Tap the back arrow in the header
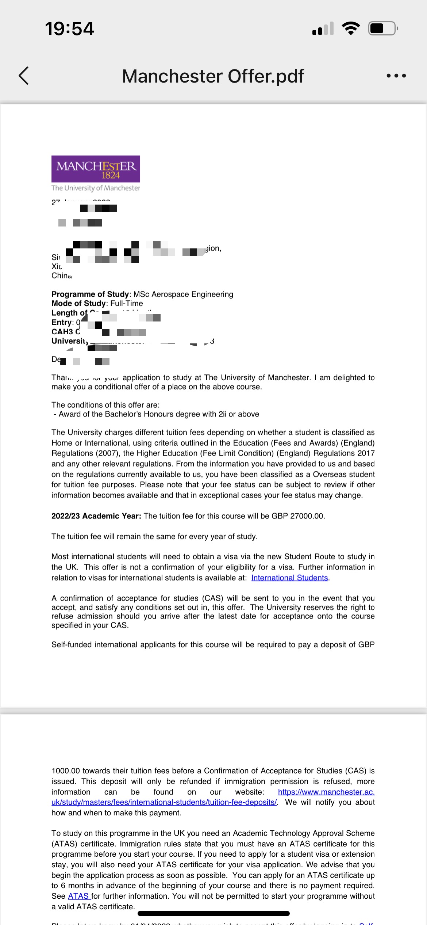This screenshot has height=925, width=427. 24,76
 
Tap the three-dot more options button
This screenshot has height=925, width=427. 396,76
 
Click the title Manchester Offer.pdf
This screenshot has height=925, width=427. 213,76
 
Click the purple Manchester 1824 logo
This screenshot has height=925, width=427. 96,169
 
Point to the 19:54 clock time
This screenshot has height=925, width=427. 69,28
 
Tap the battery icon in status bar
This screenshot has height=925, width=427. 382,28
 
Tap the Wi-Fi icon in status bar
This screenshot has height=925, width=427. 351,28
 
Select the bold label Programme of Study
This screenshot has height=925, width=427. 90,294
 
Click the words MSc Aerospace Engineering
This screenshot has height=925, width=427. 183,294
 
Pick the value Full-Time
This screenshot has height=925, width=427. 127,304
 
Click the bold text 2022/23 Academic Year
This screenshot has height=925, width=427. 96,516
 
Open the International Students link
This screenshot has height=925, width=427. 289,578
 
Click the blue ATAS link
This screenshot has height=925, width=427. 78,896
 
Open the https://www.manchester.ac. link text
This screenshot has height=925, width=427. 326,792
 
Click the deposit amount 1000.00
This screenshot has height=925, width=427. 66,771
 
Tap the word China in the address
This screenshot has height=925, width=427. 62,276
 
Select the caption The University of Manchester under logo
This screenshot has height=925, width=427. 96,188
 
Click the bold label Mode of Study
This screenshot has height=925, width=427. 78,304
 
